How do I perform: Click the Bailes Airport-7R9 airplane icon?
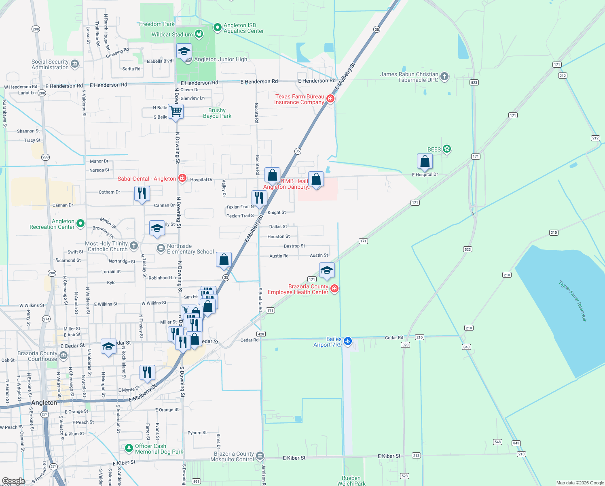click(x=348, y=341)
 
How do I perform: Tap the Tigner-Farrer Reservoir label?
click(x=573, y=301)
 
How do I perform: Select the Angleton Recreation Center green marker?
click(x=80, y=223)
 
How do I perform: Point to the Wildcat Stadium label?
click(x=172, y=34)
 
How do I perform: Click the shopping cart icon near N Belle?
click(x=176, y=111)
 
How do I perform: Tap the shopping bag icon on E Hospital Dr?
click(x=425, y=161)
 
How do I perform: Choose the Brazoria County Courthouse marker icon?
click(x=63, y=356)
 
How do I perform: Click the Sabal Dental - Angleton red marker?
click(x=182, y=178)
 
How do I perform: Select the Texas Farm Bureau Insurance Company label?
click(x=299, y=99)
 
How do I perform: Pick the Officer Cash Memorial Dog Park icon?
click(x=129, y=448)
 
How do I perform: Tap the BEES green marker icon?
click(x=446, y=149)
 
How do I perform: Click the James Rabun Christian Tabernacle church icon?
click(x=444, y=77)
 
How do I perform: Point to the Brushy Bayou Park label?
click(x=217, y=113)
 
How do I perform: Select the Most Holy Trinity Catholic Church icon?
click(x=134, y=245)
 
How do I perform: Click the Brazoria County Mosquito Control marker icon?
click(x=260, y=456)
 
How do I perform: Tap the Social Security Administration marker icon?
click(x=75, y=64)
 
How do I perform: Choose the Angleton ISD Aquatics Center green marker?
click(x=217, y=27)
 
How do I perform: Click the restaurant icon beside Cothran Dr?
click(x=142, y=194)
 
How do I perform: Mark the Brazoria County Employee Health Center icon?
click(x=334, y=288)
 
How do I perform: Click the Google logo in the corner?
click(x=14, y=481)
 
